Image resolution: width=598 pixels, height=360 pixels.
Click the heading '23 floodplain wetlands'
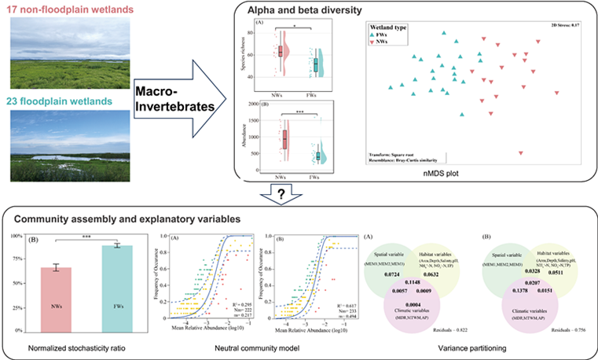[63, 102]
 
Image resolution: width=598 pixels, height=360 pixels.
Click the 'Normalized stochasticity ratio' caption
[76, 347]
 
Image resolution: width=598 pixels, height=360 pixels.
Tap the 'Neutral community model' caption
[249, 347]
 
